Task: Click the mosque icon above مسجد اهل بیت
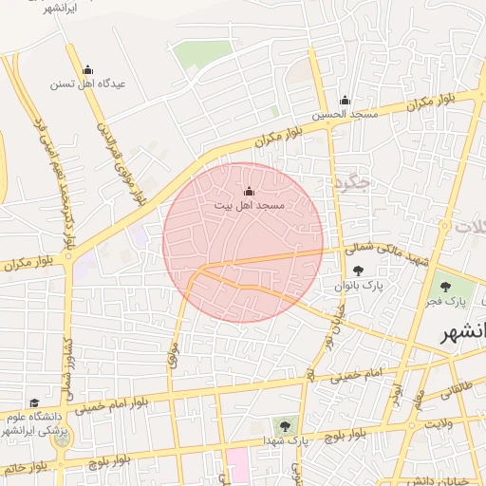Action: click(250, 192)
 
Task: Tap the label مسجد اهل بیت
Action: click(249, 205)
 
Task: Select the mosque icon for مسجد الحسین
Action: click(345, 101)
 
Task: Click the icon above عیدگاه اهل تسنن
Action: click(88, 69)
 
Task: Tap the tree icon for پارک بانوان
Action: click(357, 271)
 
